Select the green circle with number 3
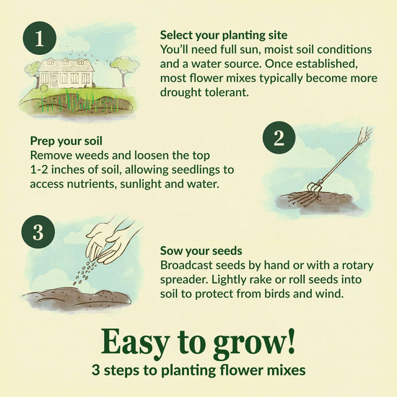38,232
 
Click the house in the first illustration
66,72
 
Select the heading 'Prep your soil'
66,141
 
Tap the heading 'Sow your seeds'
201,251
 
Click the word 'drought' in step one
183,92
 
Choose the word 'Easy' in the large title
136,340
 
